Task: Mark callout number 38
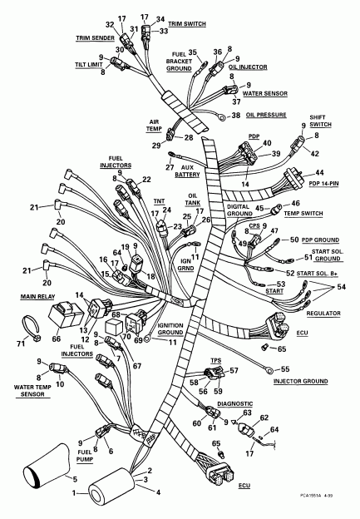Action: point(235,116)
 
